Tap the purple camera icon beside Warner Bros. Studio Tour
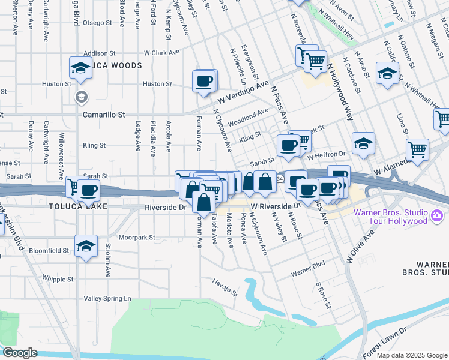437,215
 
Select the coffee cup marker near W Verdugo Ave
204,80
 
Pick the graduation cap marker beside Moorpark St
86,245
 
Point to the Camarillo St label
104,114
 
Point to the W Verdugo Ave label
243,91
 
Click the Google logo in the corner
19,353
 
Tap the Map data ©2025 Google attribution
411,356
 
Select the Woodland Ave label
248,114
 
